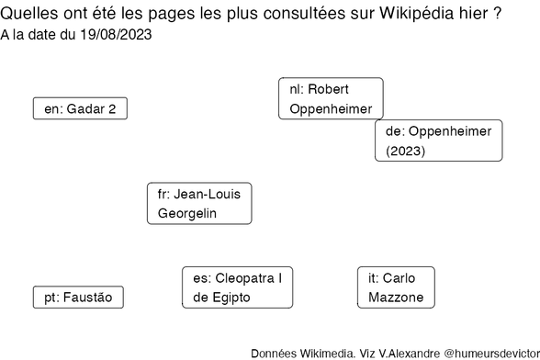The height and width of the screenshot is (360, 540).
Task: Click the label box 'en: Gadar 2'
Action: point(80,108)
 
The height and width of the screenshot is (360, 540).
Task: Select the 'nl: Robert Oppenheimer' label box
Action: point(331,99)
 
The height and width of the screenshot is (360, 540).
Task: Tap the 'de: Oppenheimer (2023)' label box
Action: point(439,141)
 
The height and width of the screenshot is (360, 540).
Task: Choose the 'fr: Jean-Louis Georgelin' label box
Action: point(199,204)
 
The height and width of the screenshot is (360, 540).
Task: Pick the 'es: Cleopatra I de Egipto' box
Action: point(238,287)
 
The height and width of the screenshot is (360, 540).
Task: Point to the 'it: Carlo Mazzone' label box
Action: point(396,287)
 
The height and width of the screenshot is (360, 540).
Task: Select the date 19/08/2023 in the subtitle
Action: point(114,36)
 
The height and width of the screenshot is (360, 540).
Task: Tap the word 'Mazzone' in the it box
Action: point(396,298)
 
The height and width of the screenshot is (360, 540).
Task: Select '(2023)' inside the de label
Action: point(406,151)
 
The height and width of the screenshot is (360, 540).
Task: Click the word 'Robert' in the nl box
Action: point(329,89)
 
